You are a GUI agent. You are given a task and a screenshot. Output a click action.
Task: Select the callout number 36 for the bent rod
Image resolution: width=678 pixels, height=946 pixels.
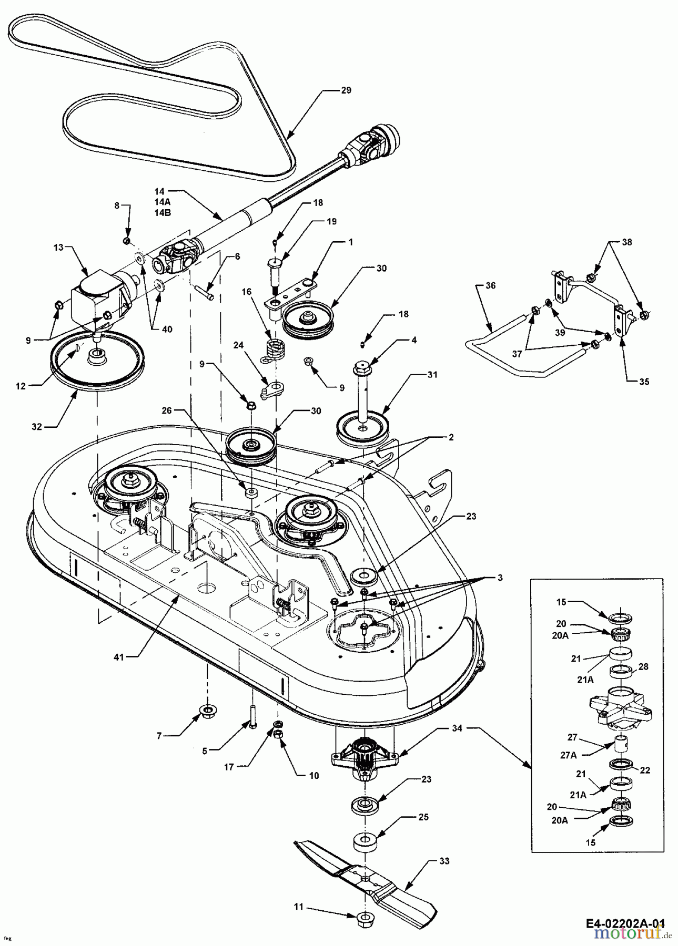490,286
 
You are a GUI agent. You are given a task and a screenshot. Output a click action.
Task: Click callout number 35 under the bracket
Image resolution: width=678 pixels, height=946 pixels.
644,382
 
